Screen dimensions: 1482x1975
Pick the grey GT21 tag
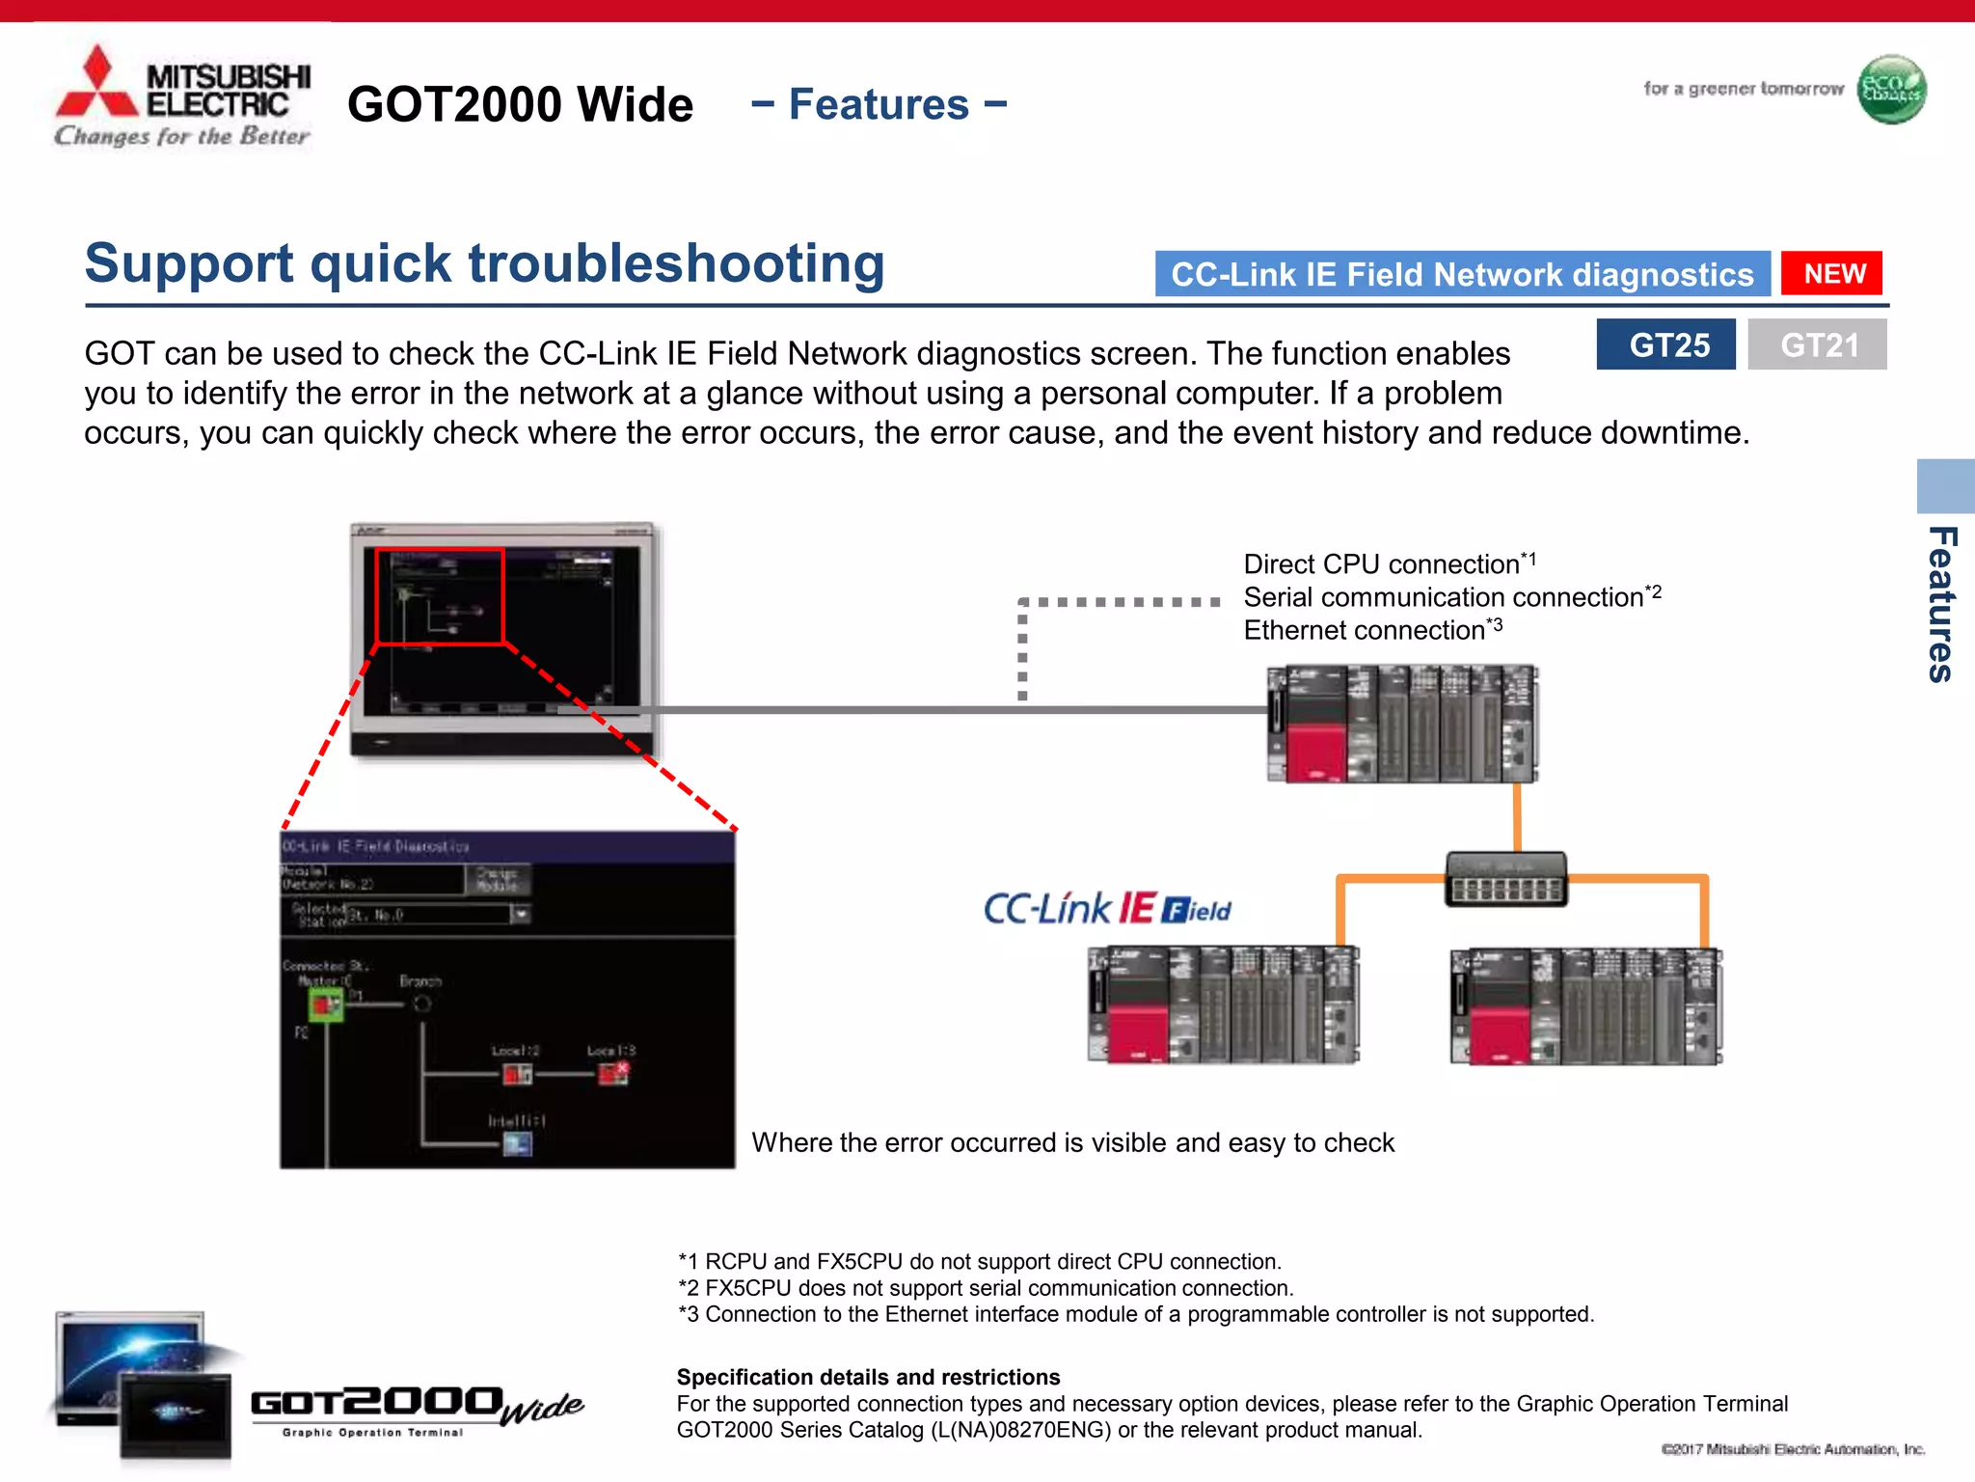1817,344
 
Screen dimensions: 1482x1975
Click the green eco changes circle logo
1891,90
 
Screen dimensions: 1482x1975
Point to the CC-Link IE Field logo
1107,909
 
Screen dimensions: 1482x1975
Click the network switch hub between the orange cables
1505,879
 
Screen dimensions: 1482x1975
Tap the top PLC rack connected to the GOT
1401,724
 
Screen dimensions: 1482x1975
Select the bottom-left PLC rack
1223,1005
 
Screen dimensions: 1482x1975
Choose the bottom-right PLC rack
1586,1006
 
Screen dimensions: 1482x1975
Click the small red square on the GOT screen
440,596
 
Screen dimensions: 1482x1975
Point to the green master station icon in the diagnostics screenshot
325,1006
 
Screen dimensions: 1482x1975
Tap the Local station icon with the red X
613,1073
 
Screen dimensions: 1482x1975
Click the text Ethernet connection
1364,631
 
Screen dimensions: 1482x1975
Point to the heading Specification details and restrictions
868,1377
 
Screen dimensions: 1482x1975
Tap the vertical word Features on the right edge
1940,605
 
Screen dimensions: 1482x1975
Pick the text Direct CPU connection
1381,564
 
